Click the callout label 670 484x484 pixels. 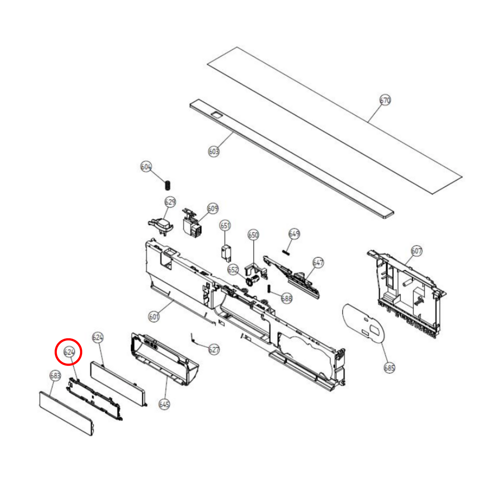tap(385, 100)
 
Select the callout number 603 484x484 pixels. tap(214, 151)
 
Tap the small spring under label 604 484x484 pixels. tap(168, 185)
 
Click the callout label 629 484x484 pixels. tap(170, 202)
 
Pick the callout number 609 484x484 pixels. tap(213, 208)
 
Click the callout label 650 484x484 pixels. tap(253, 235)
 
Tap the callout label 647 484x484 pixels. tap(318, 263)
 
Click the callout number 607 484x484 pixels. tap(416, 251)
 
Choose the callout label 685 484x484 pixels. tap(389, 368)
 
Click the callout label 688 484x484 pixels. tap(286, 298)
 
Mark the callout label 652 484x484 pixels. tap(233, 270)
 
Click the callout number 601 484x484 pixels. tap(154, 317)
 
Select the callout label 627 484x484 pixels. tap(214, 350)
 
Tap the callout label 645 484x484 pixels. tap(164, 404)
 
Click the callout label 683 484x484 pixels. tap(55, 376)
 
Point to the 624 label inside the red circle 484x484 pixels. tap(69, 352)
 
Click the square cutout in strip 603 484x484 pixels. tap(216, 115)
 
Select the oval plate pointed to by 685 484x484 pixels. tap(363, 323)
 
